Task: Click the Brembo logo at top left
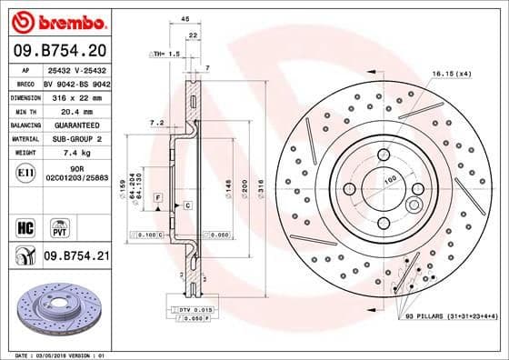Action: (x=57, y=21)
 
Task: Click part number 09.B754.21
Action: (x=75, y=257)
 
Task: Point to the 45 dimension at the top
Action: (x=185, y=18)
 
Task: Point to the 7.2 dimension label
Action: (x=155, y=121)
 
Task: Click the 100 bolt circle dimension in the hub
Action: (x=391, y=180)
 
